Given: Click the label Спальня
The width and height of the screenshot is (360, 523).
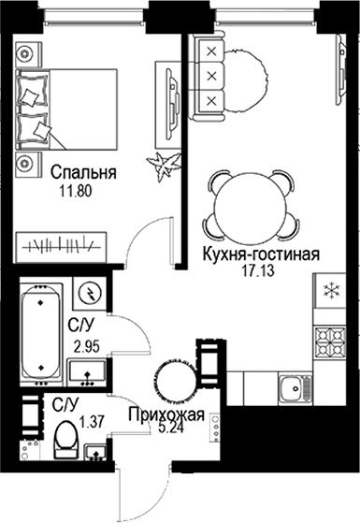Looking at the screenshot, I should pyautogui.click(x=84, y=172).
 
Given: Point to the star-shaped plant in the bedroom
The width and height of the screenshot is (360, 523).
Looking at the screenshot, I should pyautogui.click(x=163, y=167).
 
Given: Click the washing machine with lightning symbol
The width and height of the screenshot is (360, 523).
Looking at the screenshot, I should pyautogui.click(x=91, y=293).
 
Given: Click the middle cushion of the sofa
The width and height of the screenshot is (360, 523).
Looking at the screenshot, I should pyautogui.click(x=212, y=76).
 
